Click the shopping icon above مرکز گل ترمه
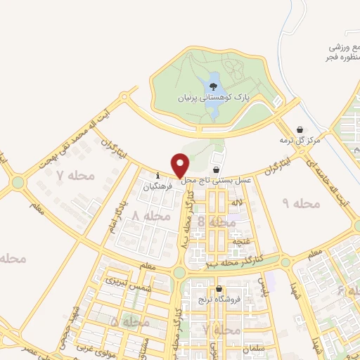click(x=300, y=130)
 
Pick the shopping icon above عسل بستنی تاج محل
click(x=215, y=170)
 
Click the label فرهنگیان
click(x=157, y=187)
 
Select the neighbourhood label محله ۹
click(x=301, y=203)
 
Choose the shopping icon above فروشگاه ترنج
click(x=219, y=289)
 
